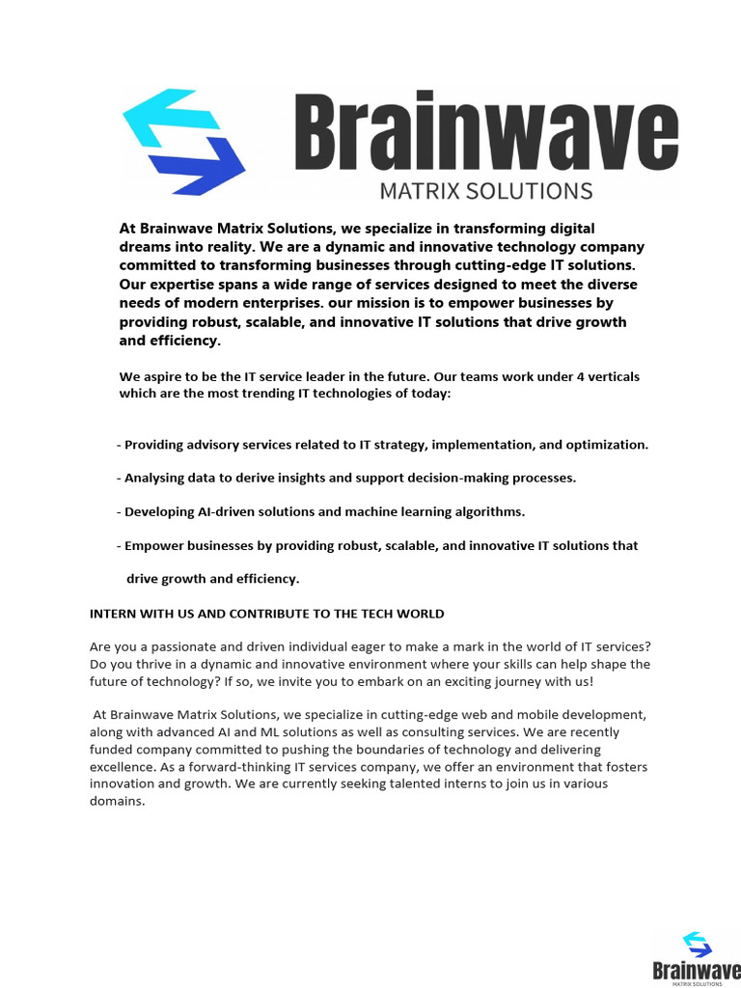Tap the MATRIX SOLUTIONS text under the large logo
point(485,189)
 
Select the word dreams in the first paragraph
point(146,246)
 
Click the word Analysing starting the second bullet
point(157,478)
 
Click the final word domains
point(116,801)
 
